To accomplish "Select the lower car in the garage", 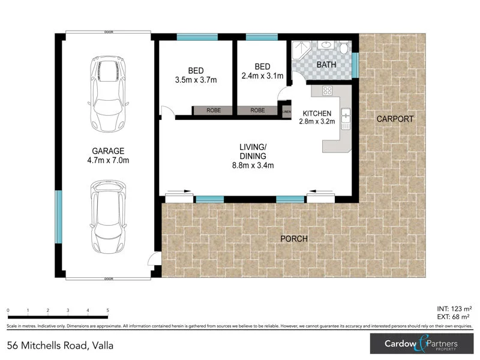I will tap(109, 217).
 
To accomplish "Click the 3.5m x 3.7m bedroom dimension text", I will tap(195, 79).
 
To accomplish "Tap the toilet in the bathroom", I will tap(344, 48).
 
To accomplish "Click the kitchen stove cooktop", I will tap(328, 91).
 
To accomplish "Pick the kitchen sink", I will tap(345, 119).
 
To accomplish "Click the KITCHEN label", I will tap(317, 113).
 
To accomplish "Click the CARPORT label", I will tap(395, 119).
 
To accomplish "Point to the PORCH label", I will tap(294, 239).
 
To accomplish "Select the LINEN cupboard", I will tap(286, 111).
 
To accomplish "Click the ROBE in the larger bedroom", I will tap(213, 111).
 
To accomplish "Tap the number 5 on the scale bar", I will tap(108, 311).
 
